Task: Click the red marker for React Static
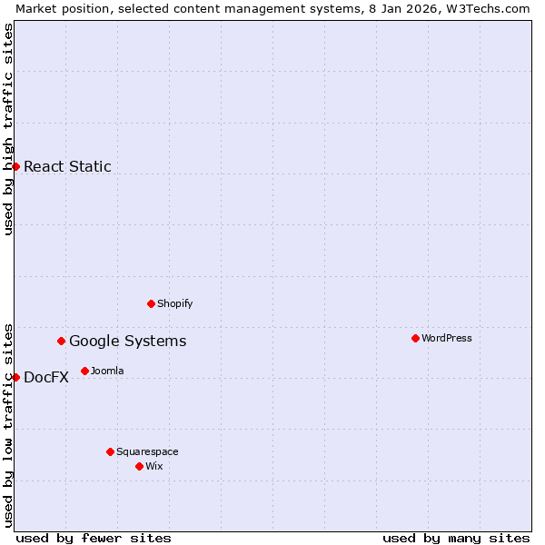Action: [x=15, y=166]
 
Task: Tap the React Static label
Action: [x=67, y=166]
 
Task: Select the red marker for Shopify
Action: [x=151, y=303]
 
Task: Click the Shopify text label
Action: [x=174, y=303]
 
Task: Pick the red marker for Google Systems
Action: [x=62, y=341]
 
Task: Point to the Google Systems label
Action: [x=127, y=342]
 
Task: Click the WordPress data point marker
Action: [x=415, y=338]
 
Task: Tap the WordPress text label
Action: [x=446, y=338]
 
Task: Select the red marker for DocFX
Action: [x=15, y=377]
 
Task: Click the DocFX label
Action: [x=45, y=378]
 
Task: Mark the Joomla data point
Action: [x=84, y=371]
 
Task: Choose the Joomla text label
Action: [x=107, y=371]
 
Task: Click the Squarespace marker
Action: [x=110, y=451]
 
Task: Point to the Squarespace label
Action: [x=147, y=451]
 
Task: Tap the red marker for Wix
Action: [x=139, y=466]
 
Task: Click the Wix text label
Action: [x=154, y=466]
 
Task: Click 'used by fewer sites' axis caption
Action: [x=94, y=538]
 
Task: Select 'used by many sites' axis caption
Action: [x=456, y=538]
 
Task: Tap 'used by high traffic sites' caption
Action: [x=8, y=129]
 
